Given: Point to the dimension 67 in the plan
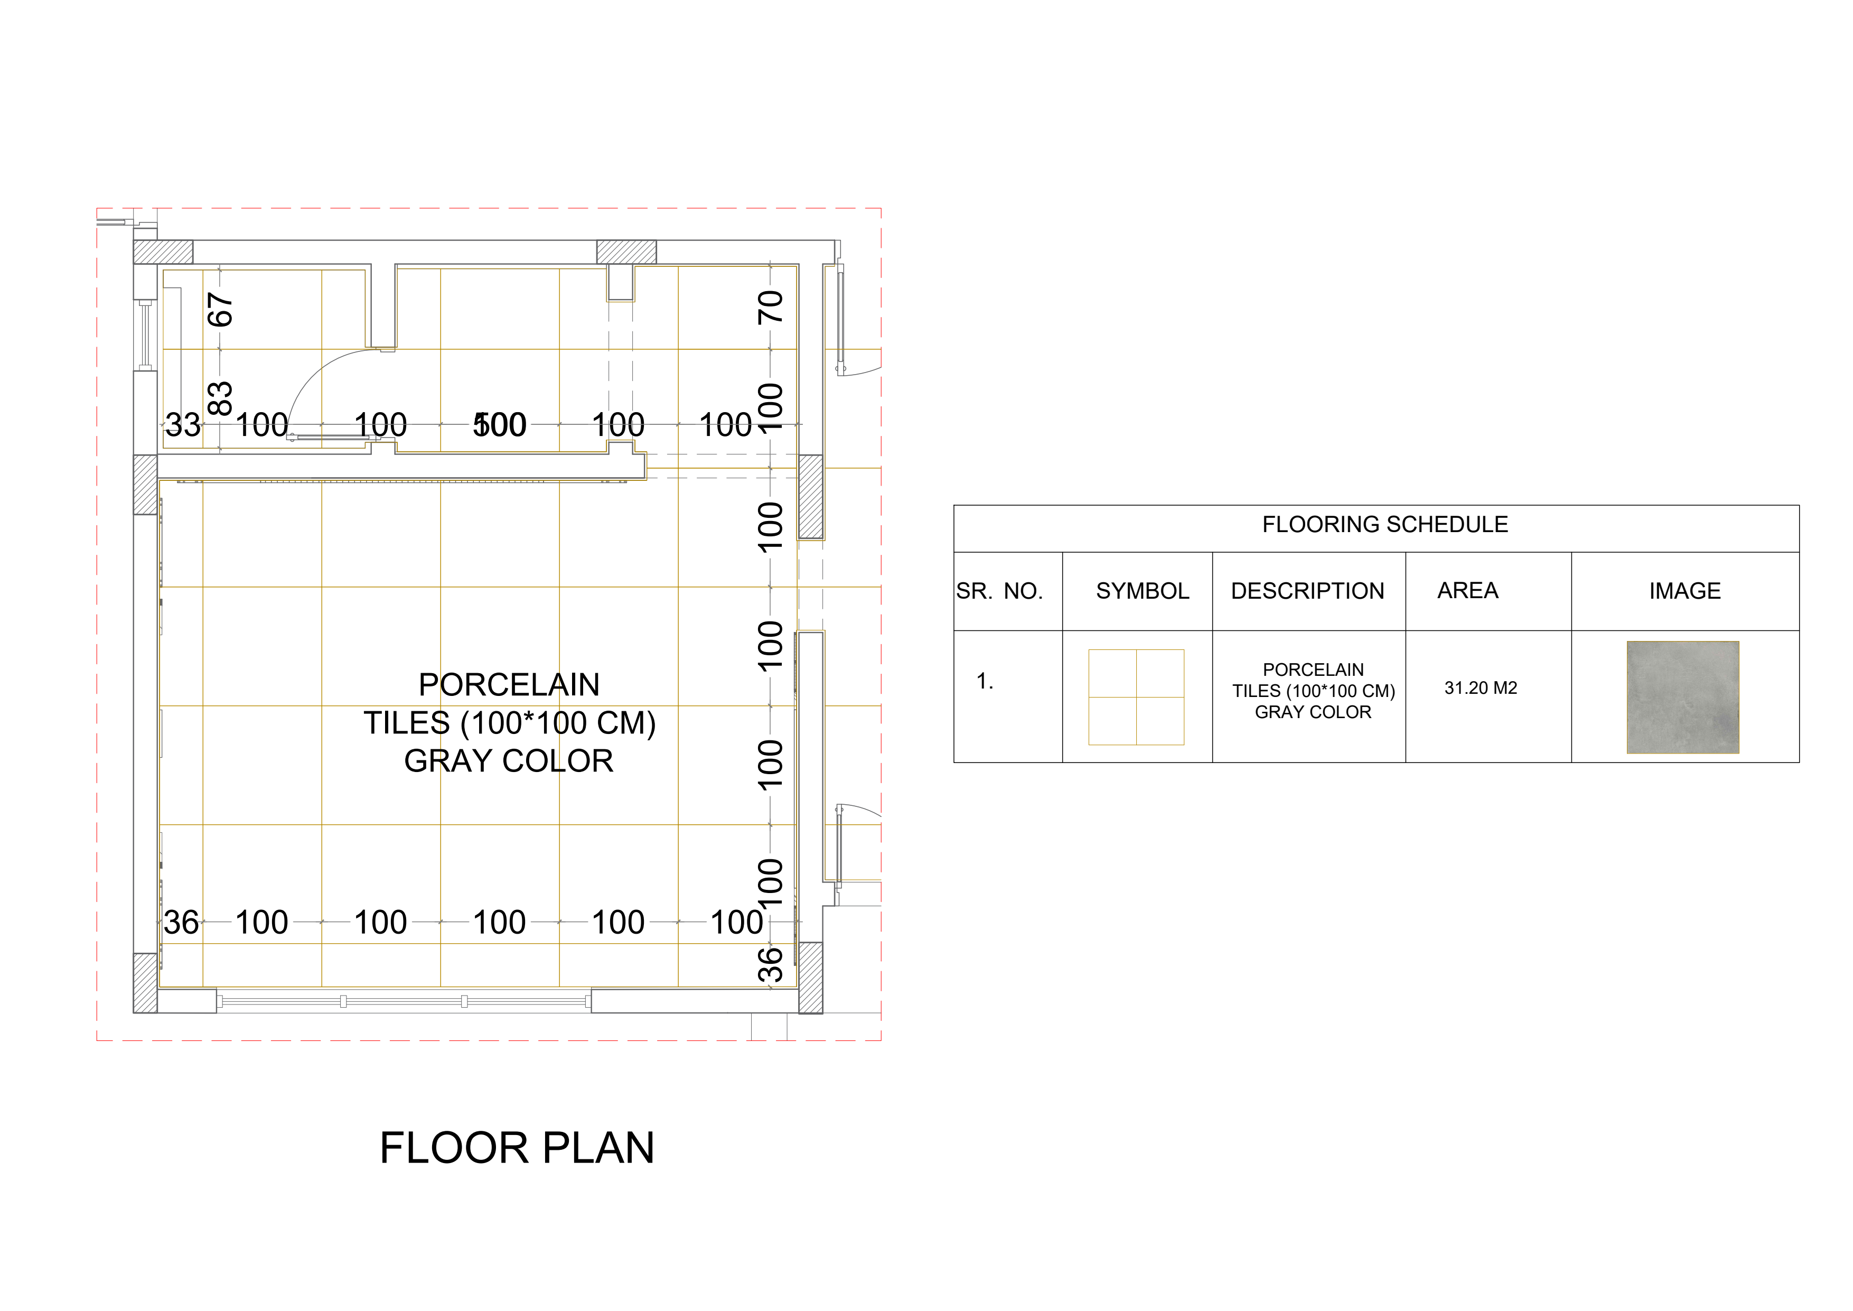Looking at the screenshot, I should (220, 309).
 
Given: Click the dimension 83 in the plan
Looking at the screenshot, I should (220, 398).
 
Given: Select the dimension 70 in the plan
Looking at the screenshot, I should (770, 307).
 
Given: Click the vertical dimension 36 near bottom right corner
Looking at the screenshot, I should (770, 965).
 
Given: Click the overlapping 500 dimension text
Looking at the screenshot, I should (500, 425).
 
